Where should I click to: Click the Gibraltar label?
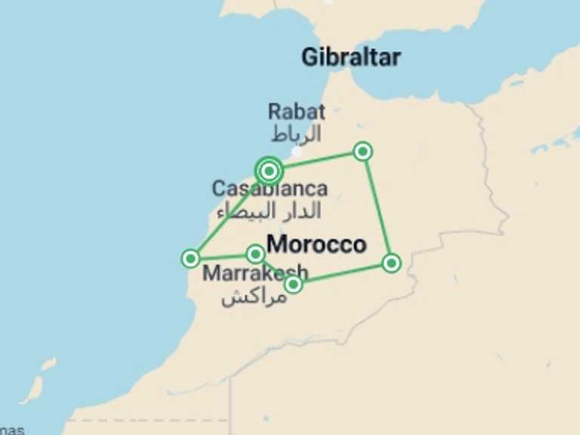(x=350, y=57)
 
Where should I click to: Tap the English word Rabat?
(x=296, y=112)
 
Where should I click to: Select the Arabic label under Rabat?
(x=296, y=134)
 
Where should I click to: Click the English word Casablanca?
(x=270, y=189)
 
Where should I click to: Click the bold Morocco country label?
(x=316, y=244)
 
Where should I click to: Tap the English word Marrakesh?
(x=255, y=273)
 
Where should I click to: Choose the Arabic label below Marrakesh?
(x=254, y=296)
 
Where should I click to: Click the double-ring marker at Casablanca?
(x=269, y=171)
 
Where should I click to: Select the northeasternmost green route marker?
(x=363, y=152)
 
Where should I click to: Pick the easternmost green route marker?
(x=391, y=263)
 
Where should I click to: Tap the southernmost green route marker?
(x=293, y=284)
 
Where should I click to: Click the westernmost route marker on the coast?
(x=191, y=259)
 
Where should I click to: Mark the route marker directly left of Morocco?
(x=256, y=254)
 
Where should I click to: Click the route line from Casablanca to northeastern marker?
(x=317, y=161)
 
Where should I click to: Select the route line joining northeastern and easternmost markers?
(x=378, y=208)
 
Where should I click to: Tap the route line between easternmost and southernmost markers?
(x=342, y=273)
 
